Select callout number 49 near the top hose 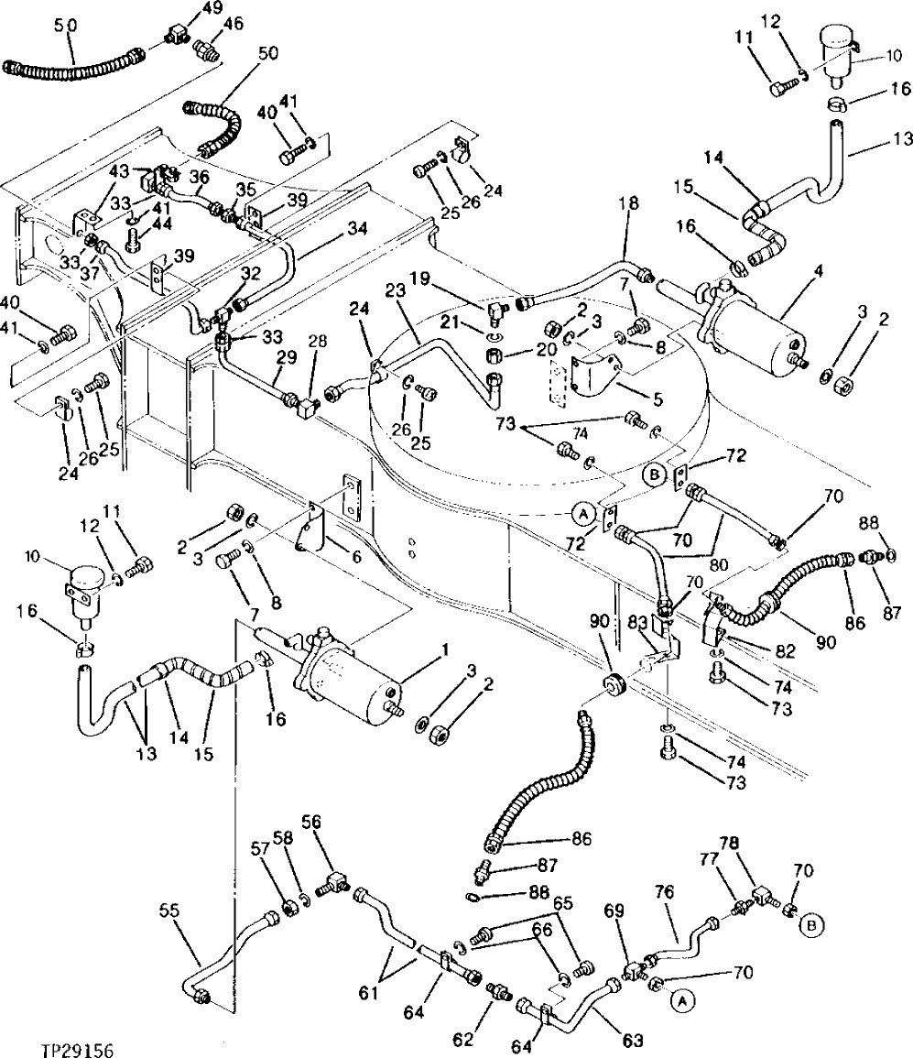tap(212, 9)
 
